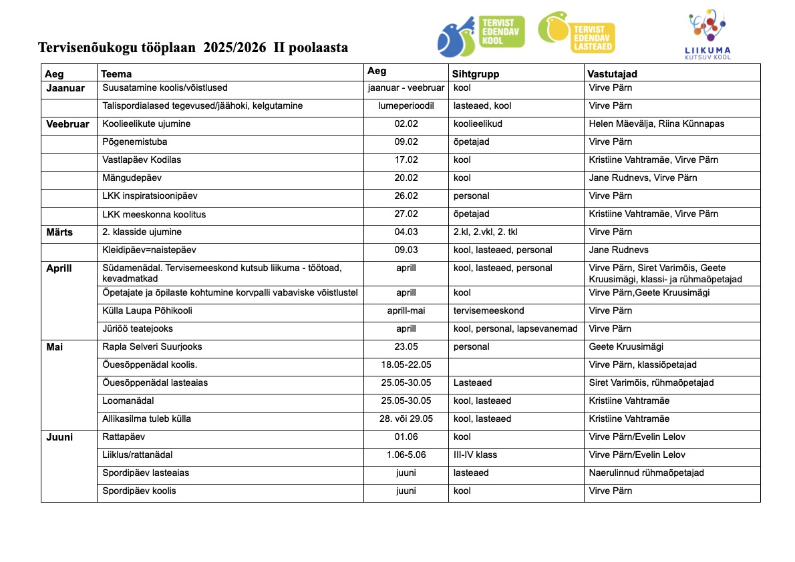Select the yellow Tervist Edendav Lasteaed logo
(576, 33)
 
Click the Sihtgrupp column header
(476, 74)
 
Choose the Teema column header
(116, 74)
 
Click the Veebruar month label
(67, 124)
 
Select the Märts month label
(59, 232)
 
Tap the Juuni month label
(59, 437)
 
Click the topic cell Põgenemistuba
(134, 142)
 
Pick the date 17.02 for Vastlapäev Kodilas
(406, 160)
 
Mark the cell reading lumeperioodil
(406, 105)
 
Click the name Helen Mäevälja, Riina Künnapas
(656, 123)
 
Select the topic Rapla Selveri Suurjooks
(152, 346)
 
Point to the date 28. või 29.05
(406, 418)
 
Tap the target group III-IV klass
(475, 455)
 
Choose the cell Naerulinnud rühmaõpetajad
(646, 473)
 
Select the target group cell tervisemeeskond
(488, 310)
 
